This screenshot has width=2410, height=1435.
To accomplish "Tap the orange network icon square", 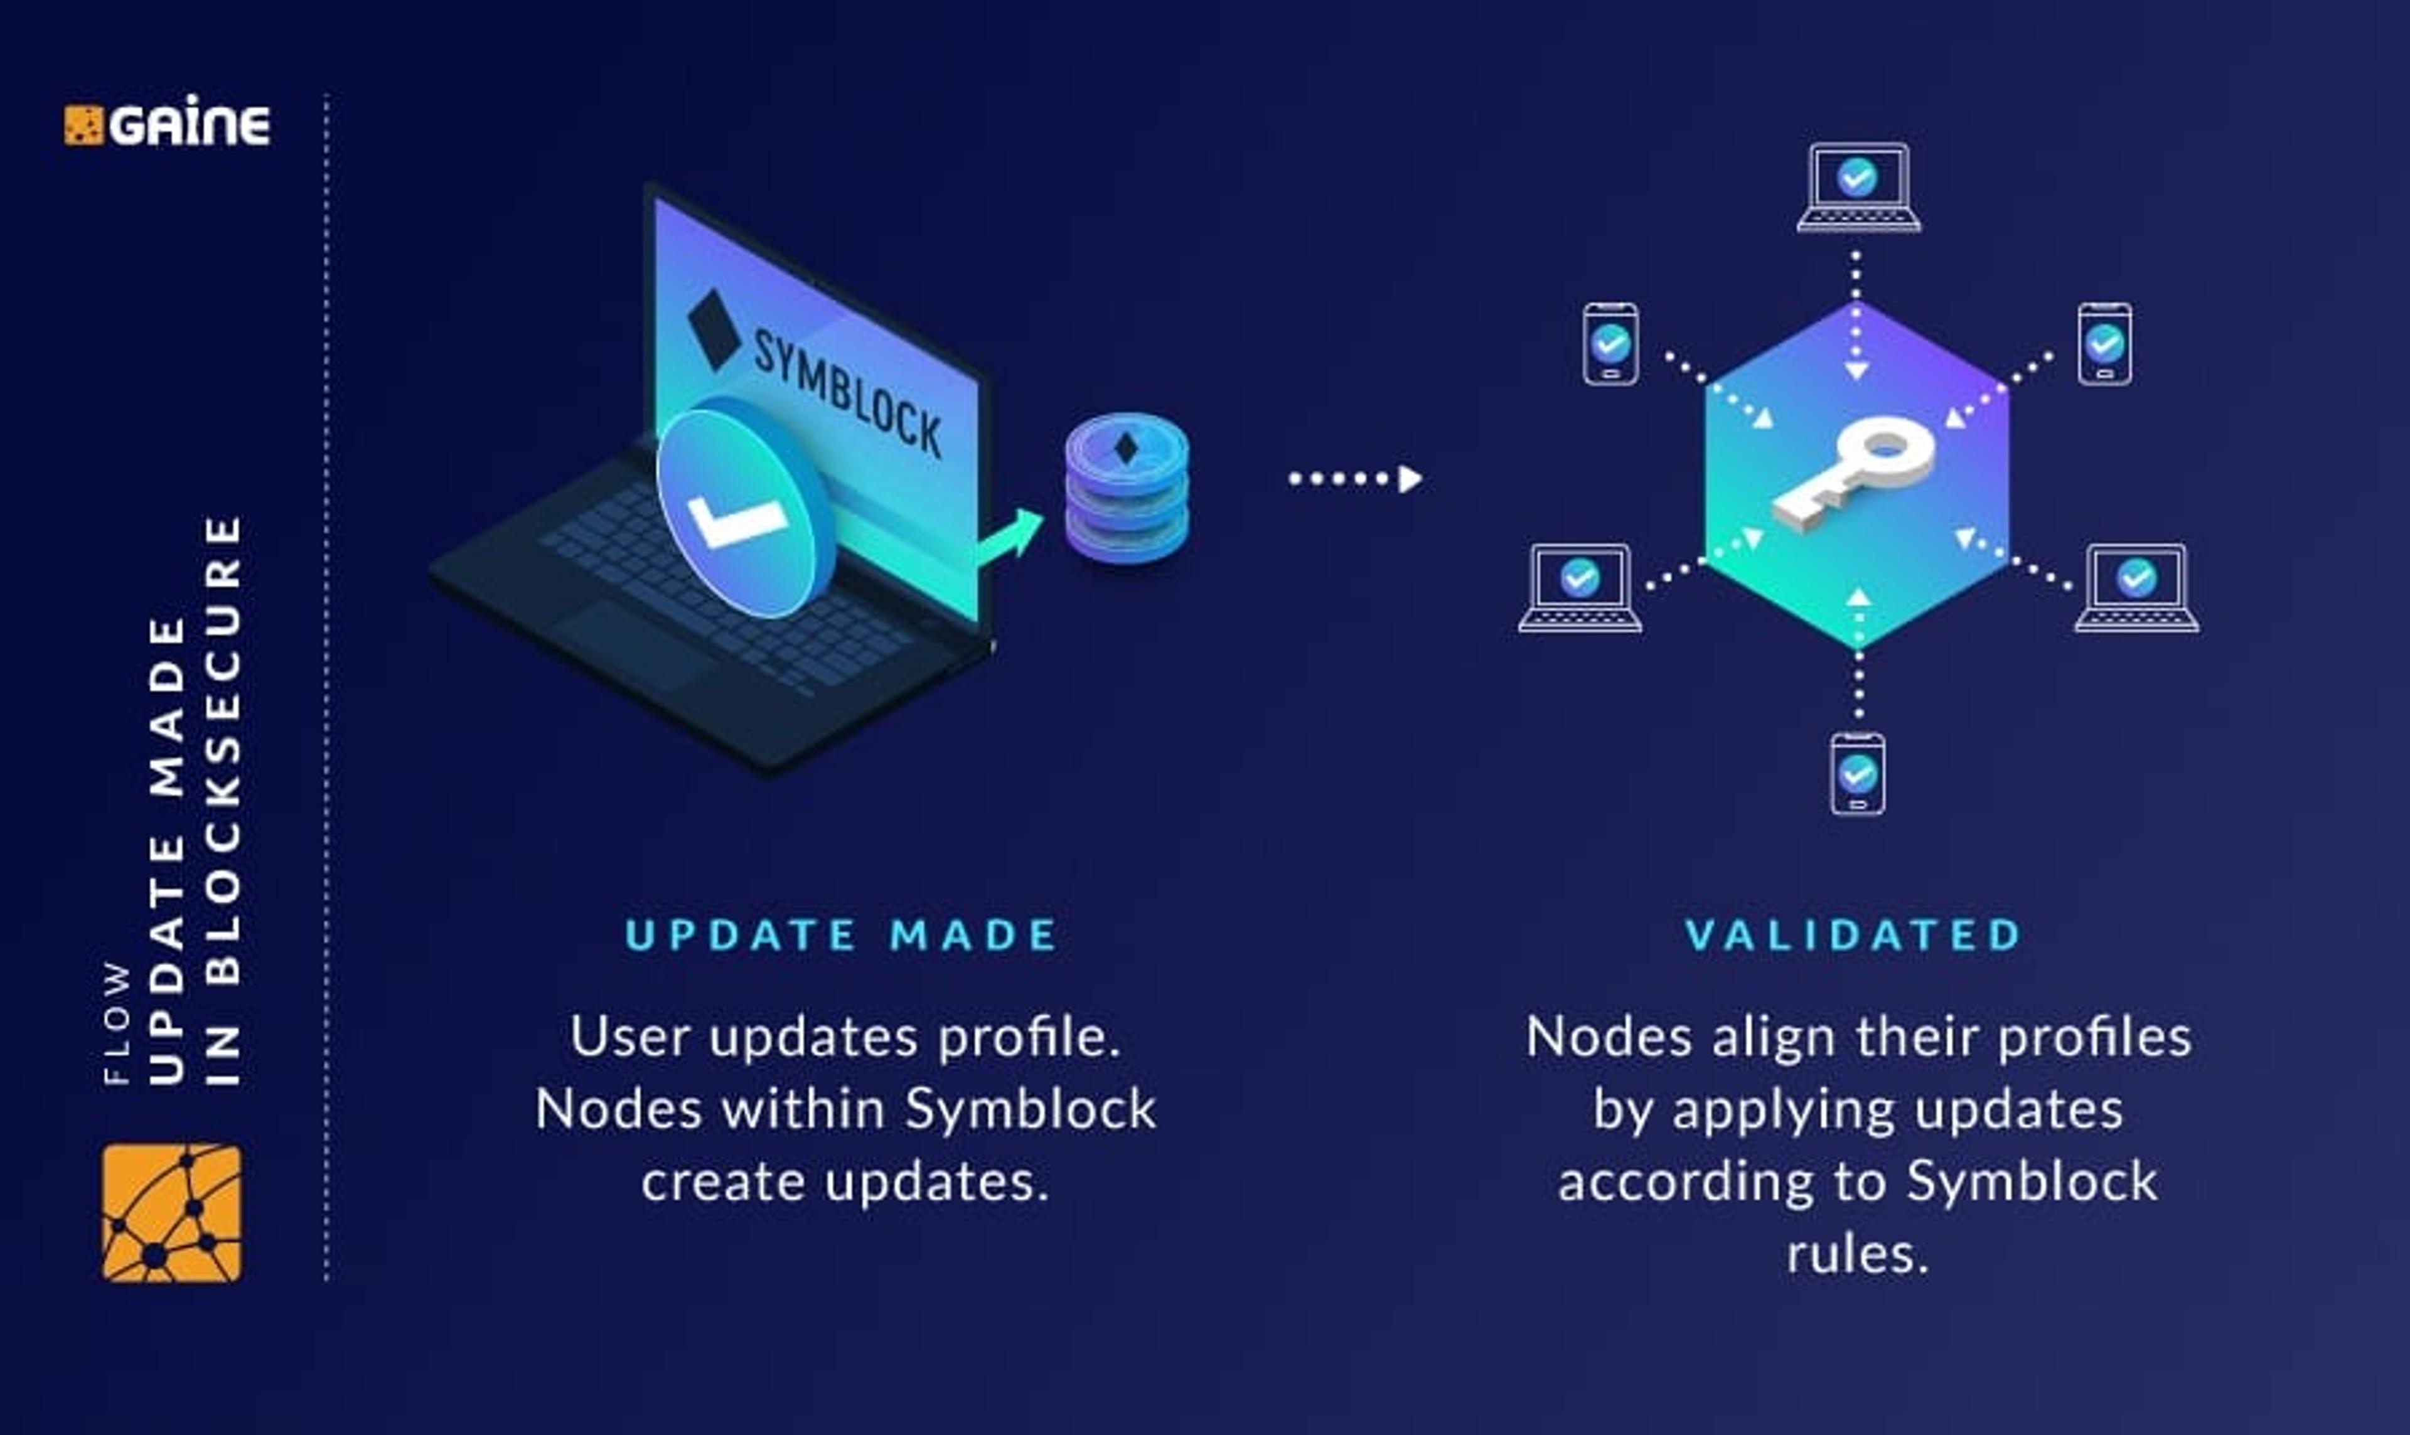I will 172,1213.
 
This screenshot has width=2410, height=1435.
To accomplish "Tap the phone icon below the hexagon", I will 1857,774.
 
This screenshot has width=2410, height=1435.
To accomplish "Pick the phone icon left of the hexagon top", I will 1610,344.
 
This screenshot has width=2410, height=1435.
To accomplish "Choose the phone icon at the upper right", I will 2104,344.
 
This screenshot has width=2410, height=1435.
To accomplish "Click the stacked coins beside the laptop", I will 1127,488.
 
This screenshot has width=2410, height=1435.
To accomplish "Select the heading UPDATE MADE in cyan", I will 842,935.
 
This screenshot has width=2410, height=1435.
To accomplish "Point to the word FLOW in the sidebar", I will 117,1023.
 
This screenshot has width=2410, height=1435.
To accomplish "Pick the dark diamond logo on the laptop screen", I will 714,329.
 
